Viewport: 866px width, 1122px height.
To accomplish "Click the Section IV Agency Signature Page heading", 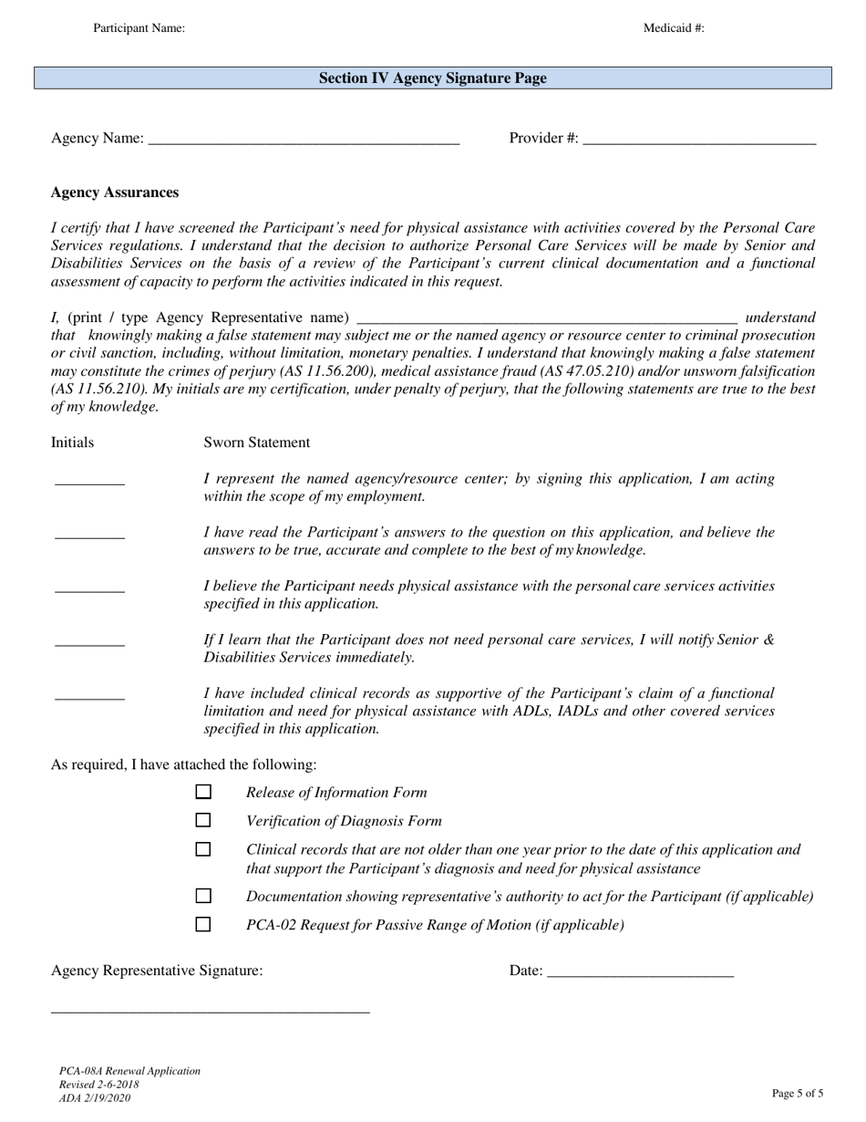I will click(x=433, y=78).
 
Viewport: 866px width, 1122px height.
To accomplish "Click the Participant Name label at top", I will click(x=139, y=28).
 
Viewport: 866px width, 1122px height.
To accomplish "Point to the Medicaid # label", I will click(x=674, y=28).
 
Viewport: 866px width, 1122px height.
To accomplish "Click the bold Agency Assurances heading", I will click(x=115, y=192).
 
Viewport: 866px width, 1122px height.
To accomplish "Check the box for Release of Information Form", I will click(x=203, y=793).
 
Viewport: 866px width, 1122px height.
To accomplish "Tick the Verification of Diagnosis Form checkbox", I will click(x=203, y=821).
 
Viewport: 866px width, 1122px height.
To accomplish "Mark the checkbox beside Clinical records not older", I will click(x=203, y=849).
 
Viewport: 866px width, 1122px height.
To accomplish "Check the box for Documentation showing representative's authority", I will click(x=203, y=896).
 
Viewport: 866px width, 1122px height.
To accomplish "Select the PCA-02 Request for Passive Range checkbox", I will click(x=203, y=924).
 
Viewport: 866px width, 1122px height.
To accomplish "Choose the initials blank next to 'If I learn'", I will click(x=89, y=644).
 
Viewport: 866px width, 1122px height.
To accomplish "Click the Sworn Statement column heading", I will click(x=256, y=442).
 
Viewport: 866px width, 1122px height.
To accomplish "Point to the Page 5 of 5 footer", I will click(x=797, y=1093).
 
